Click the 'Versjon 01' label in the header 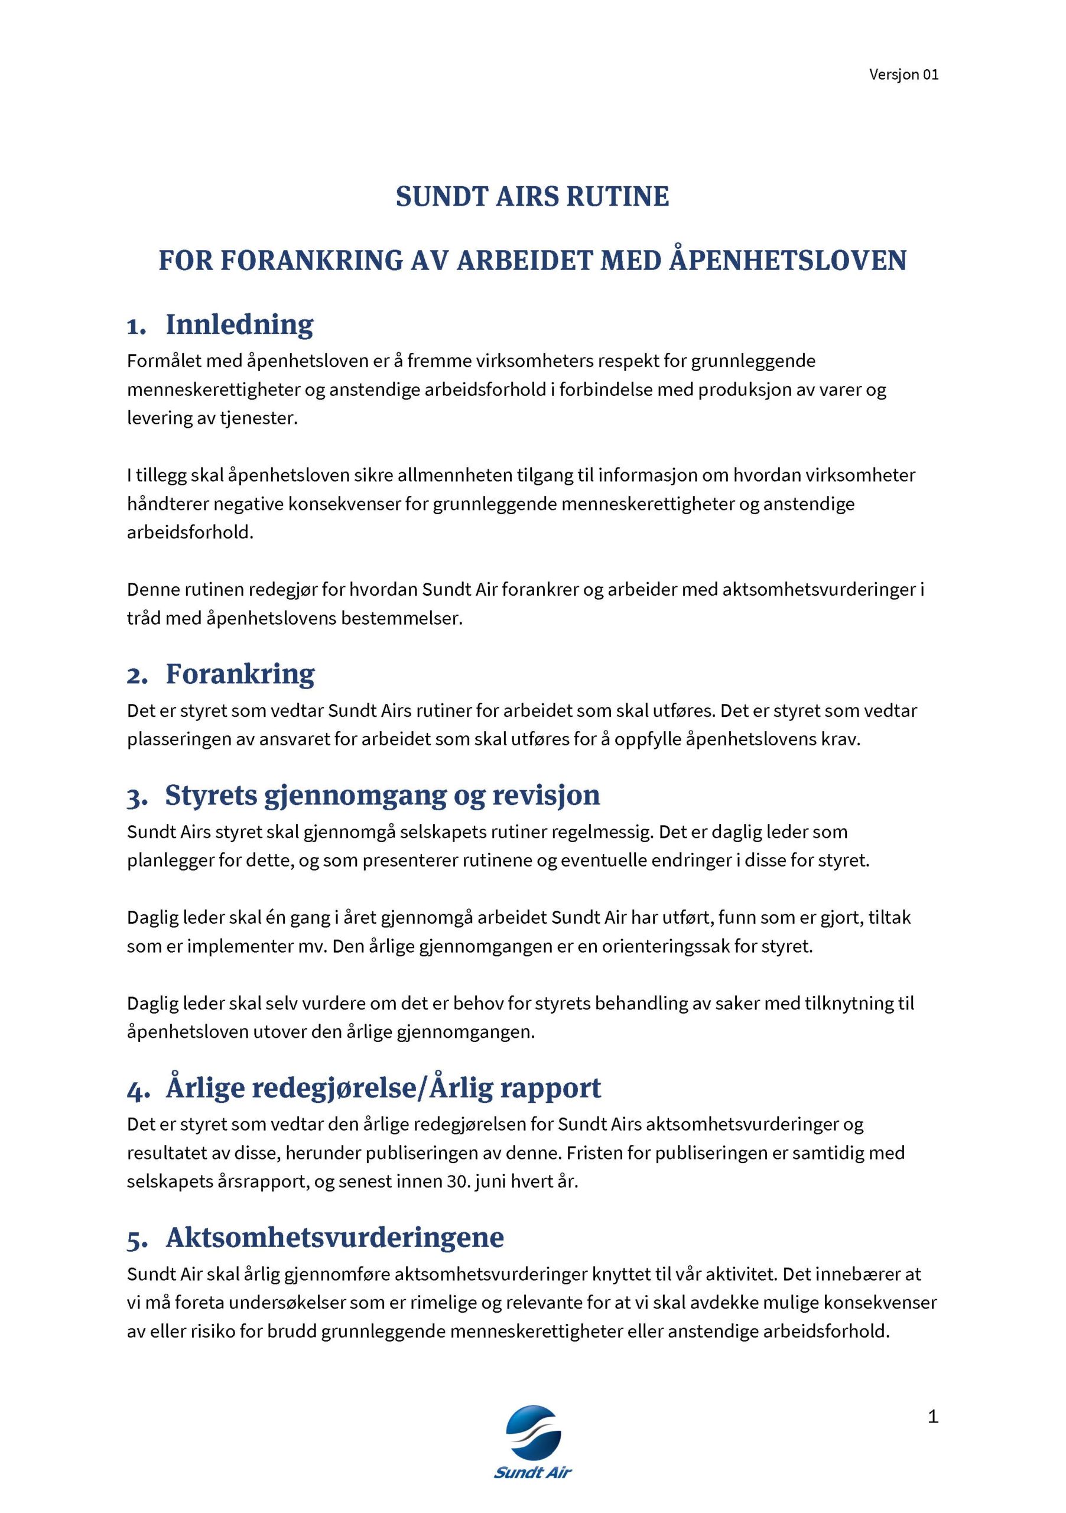pos(903,74)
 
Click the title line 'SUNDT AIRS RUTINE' pos(532,197)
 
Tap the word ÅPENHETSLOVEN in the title pos(788,260)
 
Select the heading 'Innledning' pos(239,324)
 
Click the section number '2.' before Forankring pos(137,676)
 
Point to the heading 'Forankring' pos(240,674)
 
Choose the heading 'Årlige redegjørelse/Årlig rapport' pos(383,1089)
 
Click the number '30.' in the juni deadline pos(457,1181)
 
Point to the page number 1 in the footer pos(932,1416)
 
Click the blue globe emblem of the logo pos(532,1431)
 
